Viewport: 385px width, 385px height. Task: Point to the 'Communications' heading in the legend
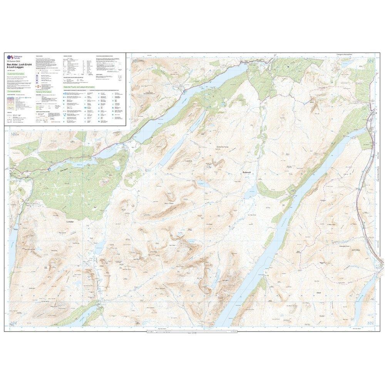[x=15, y=92]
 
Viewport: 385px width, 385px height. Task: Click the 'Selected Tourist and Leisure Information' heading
[x=79, y=87]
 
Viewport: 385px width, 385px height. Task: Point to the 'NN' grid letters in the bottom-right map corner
[x=369, y=323]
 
